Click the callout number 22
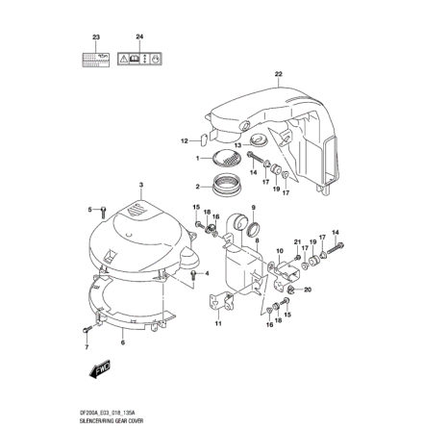click(278, 74)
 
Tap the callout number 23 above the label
click(95, 38)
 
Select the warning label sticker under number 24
click(139, 58)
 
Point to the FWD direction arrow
click(101, 368)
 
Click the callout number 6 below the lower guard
click(121, 341)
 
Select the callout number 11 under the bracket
click(218, 323)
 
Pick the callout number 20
click(306, 289)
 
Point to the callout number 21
click(297, 242)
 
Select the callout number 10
click(279, 250)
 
